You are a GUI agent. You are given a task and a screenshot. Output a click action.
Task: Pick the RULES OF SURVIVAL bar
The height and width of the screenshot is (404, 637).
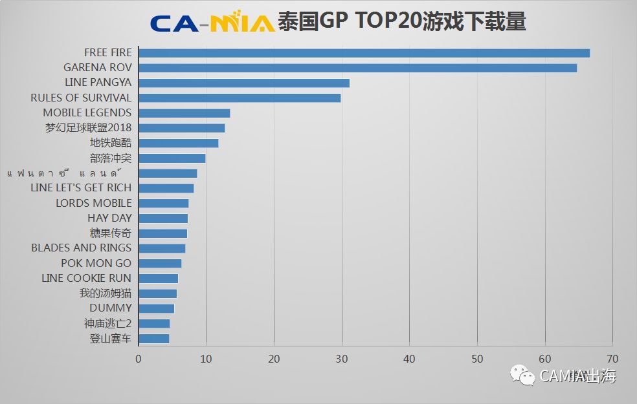tap(240, 98)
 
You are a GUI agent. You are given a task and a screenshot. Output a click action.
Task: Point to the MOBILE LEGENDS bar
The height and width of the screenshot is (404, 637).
tap(184, 113)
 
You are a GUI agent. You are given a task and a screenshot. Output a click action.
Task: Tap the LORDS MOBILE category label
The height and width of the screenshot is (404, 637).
tap(93, 203)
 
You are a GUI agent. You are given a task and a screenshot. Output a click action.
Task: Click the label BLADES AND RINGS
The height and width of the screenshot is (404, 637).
tap(81, 248)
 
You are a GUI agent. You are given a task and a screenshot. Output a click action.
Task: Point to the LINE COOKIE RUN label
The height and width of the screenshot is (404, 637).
tap(86, 278)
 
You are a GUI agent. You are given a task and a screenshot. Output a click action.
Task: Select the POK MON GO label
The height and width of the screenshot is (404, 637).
tap(96, 263)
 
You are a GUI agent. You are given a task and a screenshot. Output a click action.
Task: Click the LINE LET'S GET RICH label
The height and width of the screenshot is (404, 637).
tap(81, 187)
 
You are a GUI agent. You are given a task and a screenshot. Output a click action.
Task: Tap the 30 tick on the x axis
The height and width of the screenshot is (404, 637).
tap(342, 359)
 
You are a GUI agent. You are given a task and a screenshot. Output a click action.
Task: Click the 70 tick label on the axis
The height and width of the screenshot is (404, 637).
tap(612, 359)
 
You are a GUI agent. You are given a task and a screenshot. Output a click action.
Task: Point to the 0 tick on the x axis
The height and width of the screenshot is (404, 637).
tap(139, 359)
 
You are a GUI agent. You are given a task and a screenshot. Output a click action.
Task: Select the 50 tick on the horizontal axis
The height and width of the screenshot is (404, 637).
tap(477, 359)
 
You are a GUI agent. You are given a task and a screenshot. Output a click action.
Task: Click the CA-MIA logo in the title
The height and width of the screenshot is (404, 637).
tap(212, 23)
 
